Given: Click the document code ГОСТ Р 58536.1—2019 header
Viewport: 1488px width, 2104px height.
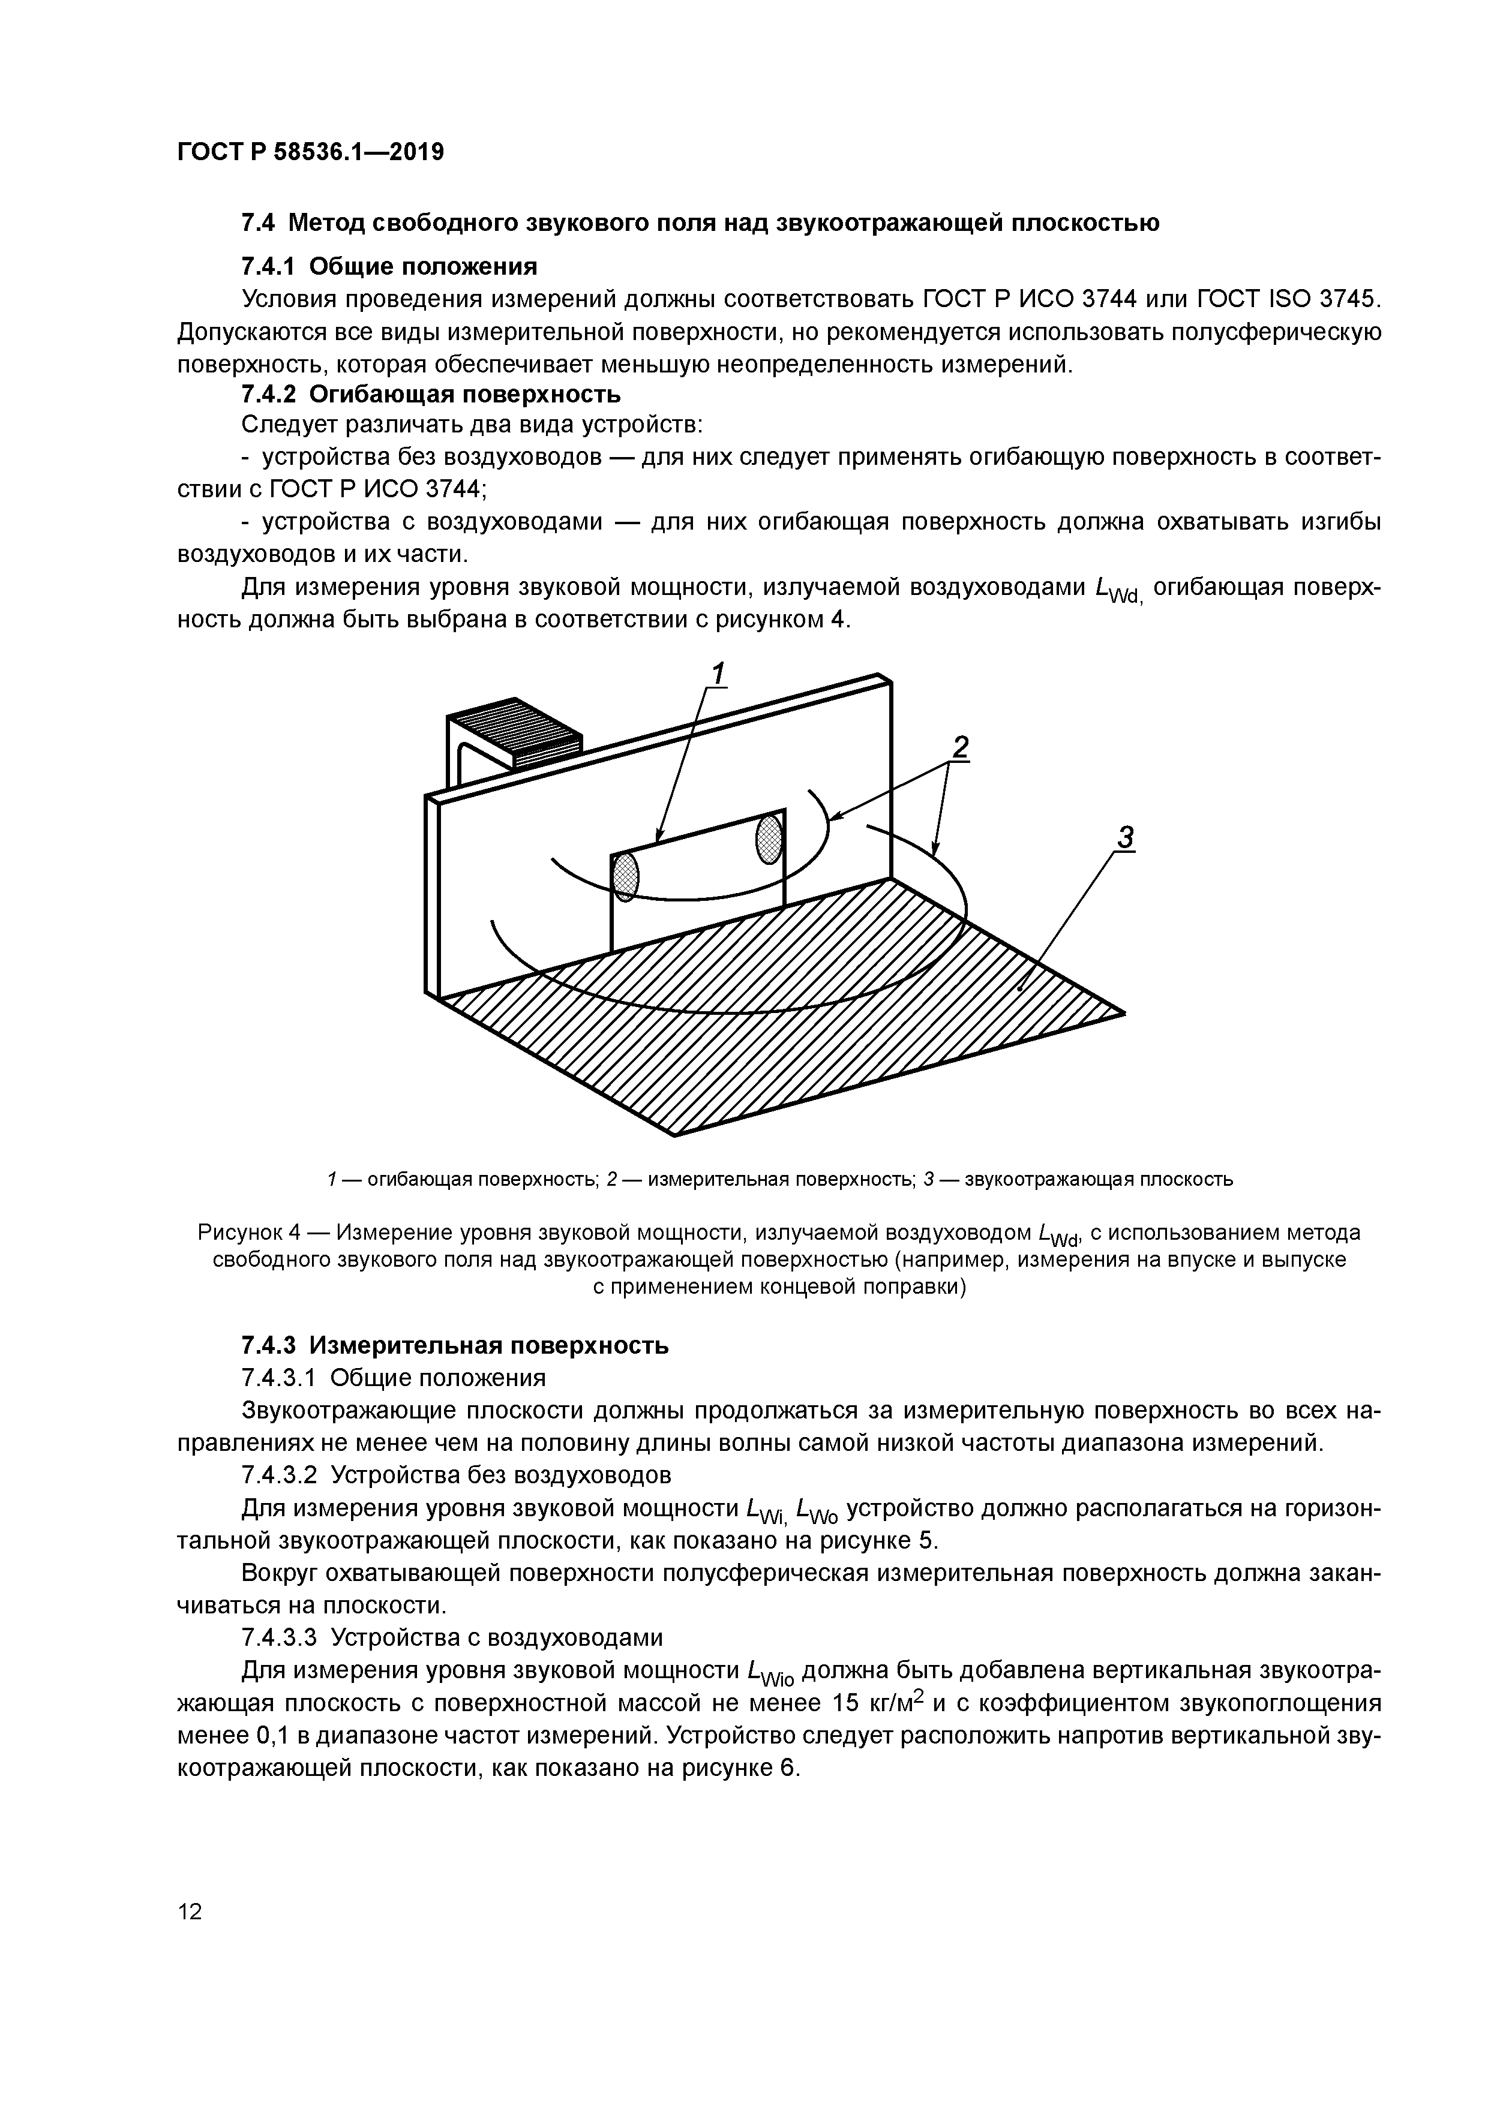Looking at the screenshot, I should [x=310, y=152].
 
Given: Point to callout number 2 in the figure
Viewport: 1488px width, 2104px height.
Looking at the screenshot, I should [x=959, y=748].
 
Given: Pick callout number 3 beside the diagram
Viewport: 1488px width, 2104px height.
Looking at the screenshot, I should [x=1125, y=837].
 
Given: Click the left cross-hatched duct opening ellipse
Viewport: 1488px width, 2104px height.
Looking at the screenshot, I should [x=625, y=877].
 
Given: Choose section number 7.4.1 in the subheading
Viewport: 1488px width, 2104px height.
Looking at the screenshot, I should [x=269, y=267].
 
